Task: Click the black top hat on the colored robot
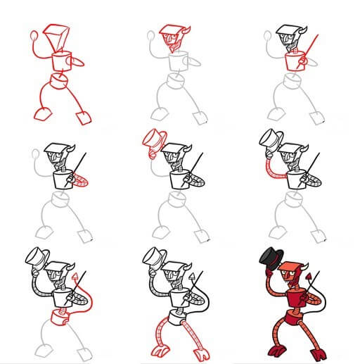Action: click(271, 253)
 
